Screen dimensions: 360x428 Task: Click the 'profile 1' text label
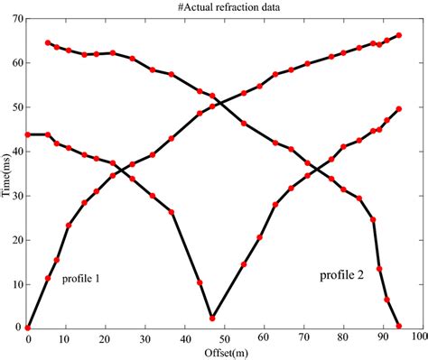tap(80, 280)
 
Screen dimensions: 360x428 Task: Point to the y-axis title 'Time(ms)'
tap(7, 175)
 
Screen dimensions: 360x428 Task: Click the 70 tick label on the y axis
tap(17, 19)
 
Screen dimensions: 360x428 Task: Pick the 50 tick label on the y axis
tap(17, 107)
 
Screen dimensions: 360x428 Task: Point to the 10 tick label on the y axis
tap(17, 284)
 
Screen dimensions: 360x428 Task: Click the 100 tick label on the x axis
tap(418, 339)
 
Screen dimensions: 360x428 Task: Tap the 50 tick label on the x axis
tap(223, 339)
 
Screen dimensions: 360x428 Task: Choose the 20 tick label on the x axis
tap(107, 339)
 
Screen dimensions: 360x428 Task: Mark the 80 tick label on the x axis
tap(340, 339)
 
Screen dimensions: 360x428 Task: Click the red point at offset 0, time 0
tap(28, 328)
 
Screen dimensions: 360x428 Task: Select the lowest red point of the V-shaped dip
tap(212, 318)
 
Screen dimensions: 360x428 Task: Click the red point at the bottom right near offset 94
tap(398, 326)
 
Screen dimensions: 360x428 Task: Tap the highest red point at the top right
tap(398, 35)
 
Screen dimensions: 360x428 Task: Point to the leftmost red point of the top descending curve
tap(48, 42)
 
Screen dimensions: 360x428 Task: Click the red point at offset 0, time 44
tap(28, 134)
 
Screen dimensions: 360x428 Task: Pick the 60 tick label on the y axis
tap(17, 63)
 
